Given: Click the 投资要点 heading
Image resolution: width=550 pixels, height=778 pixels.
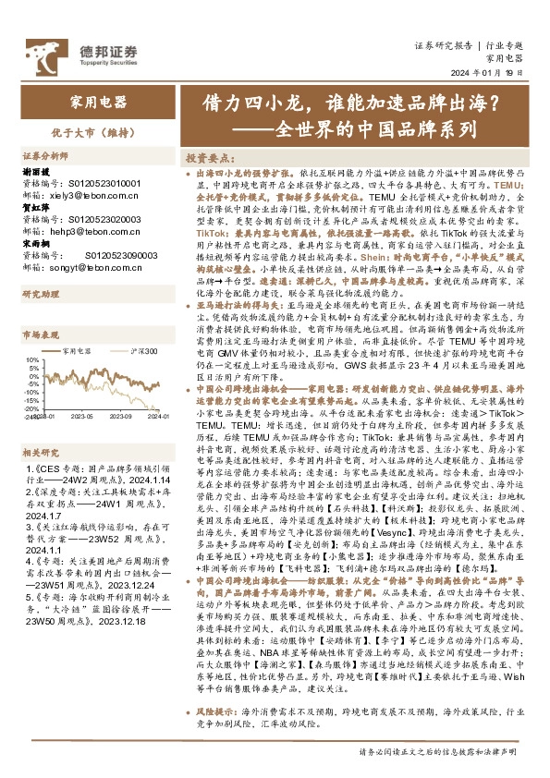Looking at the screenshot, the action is [214, 158].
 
